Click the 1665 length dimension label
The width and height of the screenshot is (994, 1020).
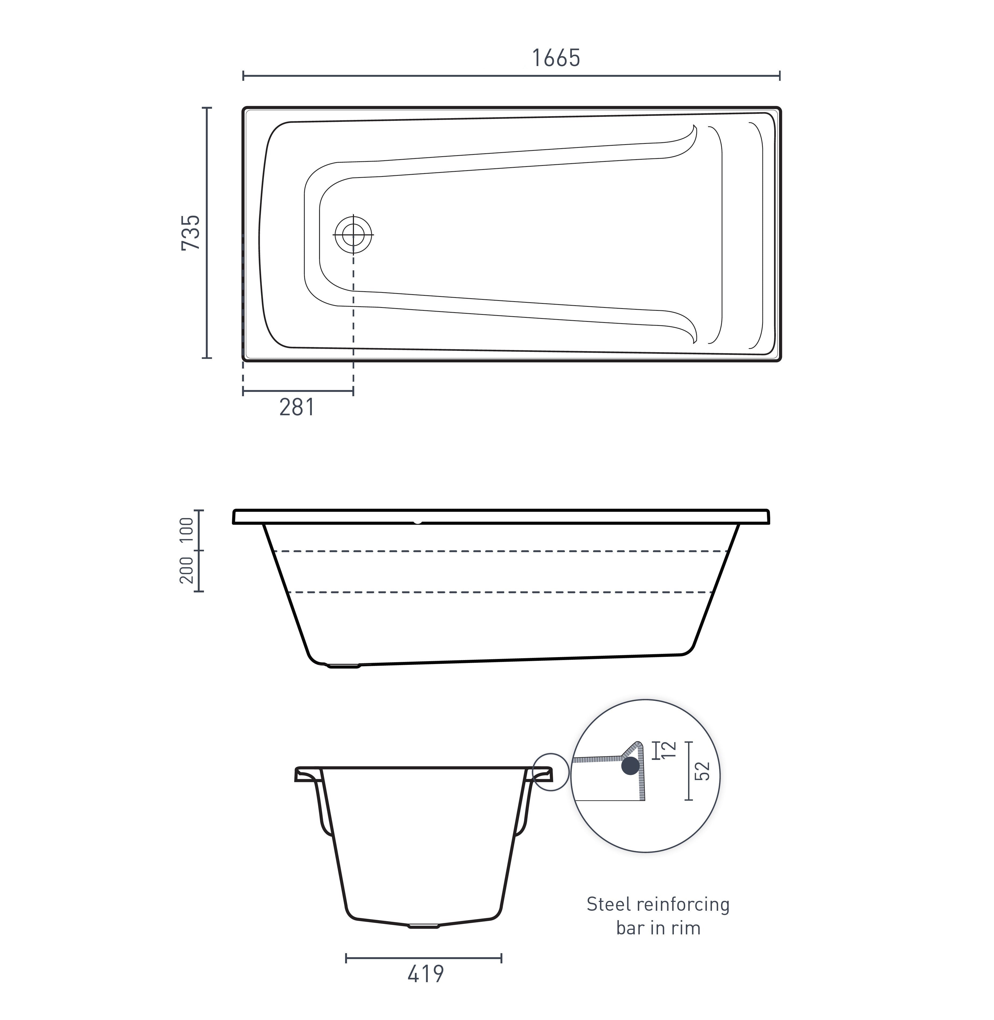point(556,58)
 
